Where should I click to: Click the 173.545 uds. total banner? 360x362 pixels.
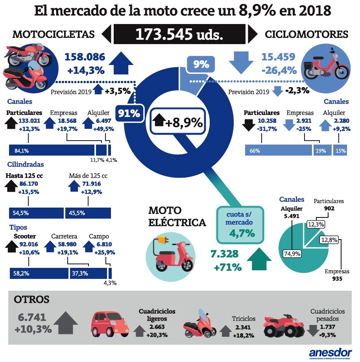179,34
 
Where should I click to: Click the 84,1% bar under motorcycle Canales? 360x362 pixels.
52,150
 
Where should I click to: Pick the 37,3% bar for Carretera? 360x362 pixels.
88,273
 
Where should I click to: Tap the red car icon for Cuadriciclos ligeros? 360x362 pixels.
110,323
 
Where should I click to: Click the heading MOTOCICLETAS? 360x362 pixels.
54,34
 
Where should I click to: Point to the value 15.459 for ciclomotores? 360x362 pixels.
278,57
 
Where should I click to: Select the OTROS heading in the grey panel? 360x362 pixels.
31,300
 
